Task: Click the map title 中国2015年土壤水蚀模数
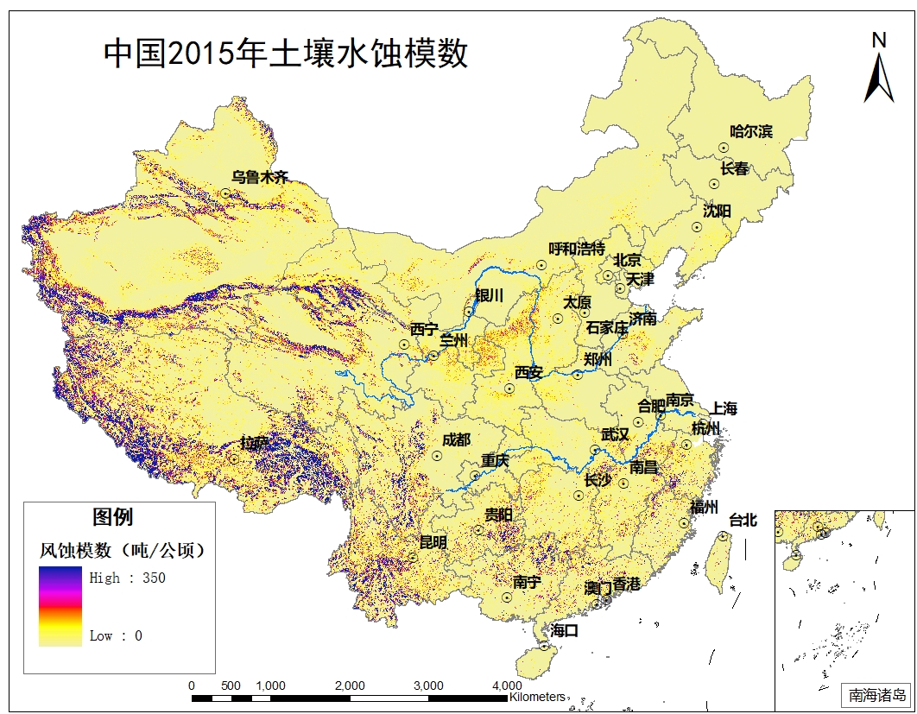[286, 54]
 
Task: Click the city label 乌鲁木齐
[259, 178]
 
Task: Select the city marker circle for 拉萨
[233, 458]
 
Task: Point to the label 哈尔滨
[750, 132]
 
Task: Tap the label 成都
[456, 440]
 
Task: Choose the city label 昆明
[433, 543]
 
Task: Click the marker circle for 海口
[544, 645]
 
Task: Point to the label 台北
[743, 520]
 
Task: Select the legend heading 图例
[113, 517]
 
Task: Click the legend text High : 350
[127, 578]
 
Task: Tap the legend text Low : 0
[116, 636]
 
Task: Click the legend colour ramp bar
[60, 606]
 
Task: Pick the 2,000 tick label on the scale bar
[350, 686]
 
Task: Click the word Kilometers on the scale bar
[537, 696]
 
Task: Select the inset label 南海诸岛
[876, 695]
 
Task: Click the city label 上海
[724, 409]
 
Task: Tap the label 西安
[528, 373]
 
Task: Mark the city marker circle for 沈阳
[696, 227]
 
